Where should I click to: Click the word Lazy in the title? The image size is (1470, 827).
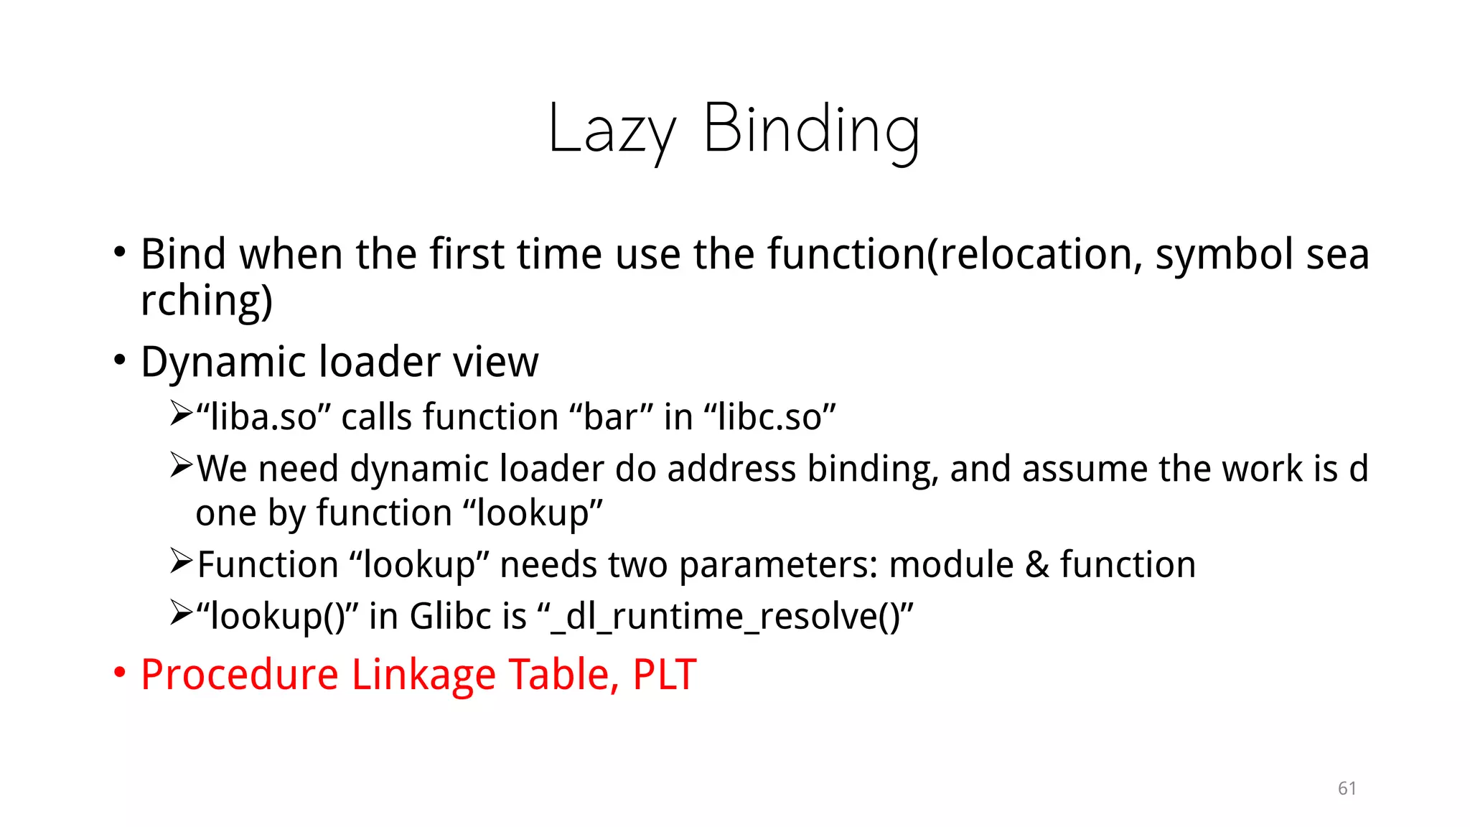[612, 131]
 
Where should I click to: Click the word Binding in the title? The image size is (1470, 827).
[811, 131]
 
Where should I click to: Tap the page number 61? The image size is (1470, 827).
[1347, 788]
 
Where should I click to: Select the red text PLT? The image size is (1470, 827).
[664, 675]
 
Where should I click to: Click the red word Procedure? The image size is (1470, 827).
[239, 675]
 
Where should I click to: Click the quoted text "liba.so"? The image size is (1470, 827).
[263, 417]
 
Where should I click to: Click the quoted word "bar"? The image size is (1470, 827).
[611, 417]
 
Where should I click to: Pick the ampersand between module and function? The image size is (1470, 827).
[1036, 564]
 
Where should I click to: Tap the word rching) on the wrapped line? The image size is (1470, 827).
[207, 300]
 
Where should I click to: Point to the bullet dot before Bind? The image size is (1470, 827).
[120, 253]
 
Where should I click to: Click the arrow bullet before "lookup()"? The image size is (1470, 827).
[181, 613]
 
